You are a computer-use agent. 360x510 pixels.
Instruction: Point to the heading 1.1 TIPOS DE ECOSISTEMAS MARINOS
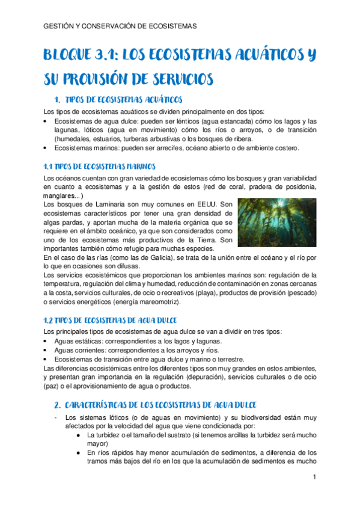[x=99, y=165]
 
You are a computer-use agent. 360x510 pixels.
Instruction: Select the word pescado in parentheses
[x=298, y=292]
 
